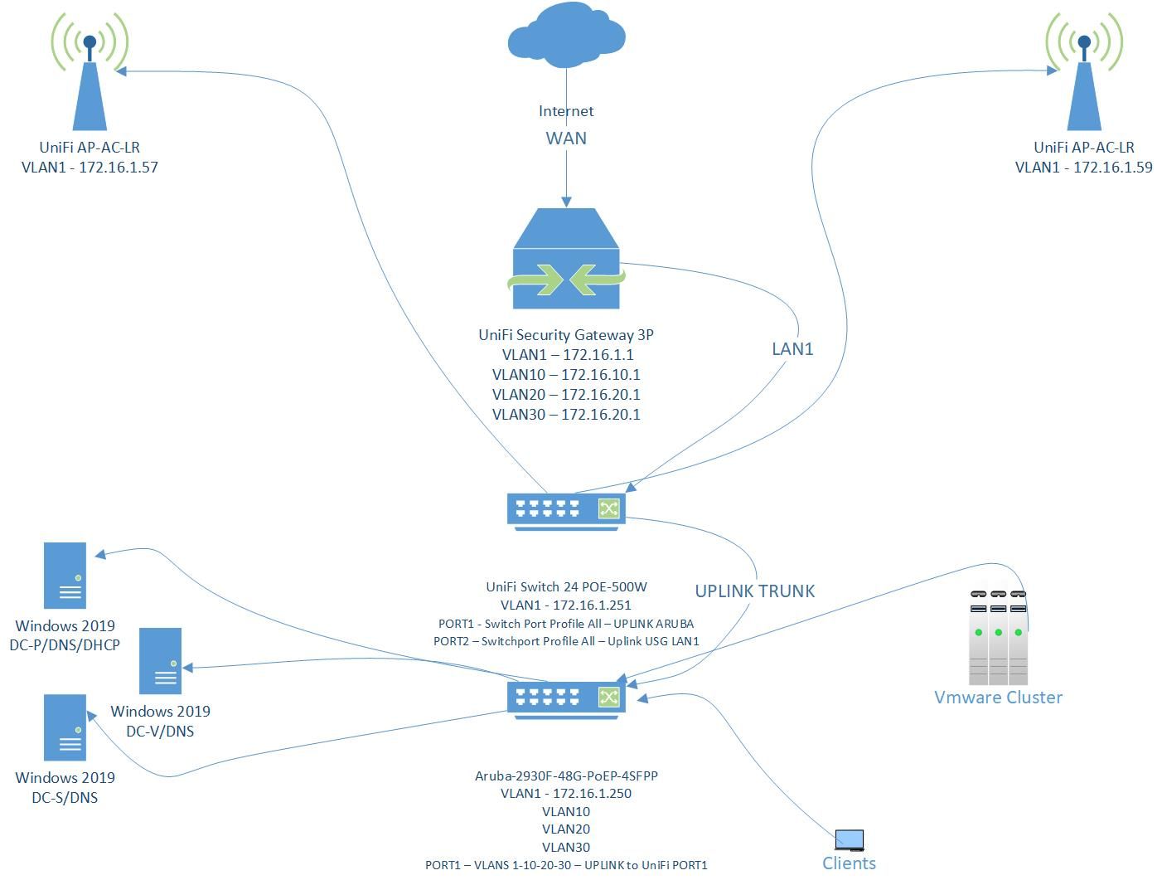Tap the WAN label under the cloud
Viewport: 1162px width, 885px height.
point(566,139)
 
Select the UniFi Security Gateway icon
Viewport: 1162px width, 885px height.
point(566,258)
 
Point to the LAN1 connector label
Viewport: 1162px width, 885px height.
point(792,349)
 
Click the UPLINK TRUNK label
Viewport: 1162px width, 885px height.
point(754,591)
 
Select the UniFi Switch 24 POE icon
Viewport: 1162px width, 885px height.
point(566,509)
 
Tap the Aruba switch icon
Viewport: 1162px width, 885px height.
point(566,698)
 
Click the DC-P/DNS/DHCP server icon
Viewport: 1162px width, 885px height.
point(65,575)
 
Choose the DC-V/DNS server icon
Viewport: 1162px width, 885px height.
point(160,661)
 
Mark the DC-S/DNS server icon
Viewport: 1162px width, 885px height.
point(65,727)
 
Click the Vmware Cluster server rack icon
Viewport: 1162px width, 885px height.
point(999,637)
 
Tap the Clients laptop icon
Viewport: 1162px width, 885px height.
point(850,840)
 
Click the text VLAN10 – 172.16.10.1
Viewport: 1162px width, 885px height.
point(566,375)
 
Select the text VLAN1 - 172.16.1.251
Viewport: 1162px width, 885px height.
point(566,605)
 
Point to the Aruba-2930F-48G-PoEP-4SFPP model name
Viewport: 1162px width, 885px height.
point(566,776)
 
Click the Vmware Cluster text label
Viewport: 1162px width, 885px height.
point(998,698)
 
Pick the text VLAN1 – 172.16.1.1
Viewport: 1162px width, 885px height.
point(567,355)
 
